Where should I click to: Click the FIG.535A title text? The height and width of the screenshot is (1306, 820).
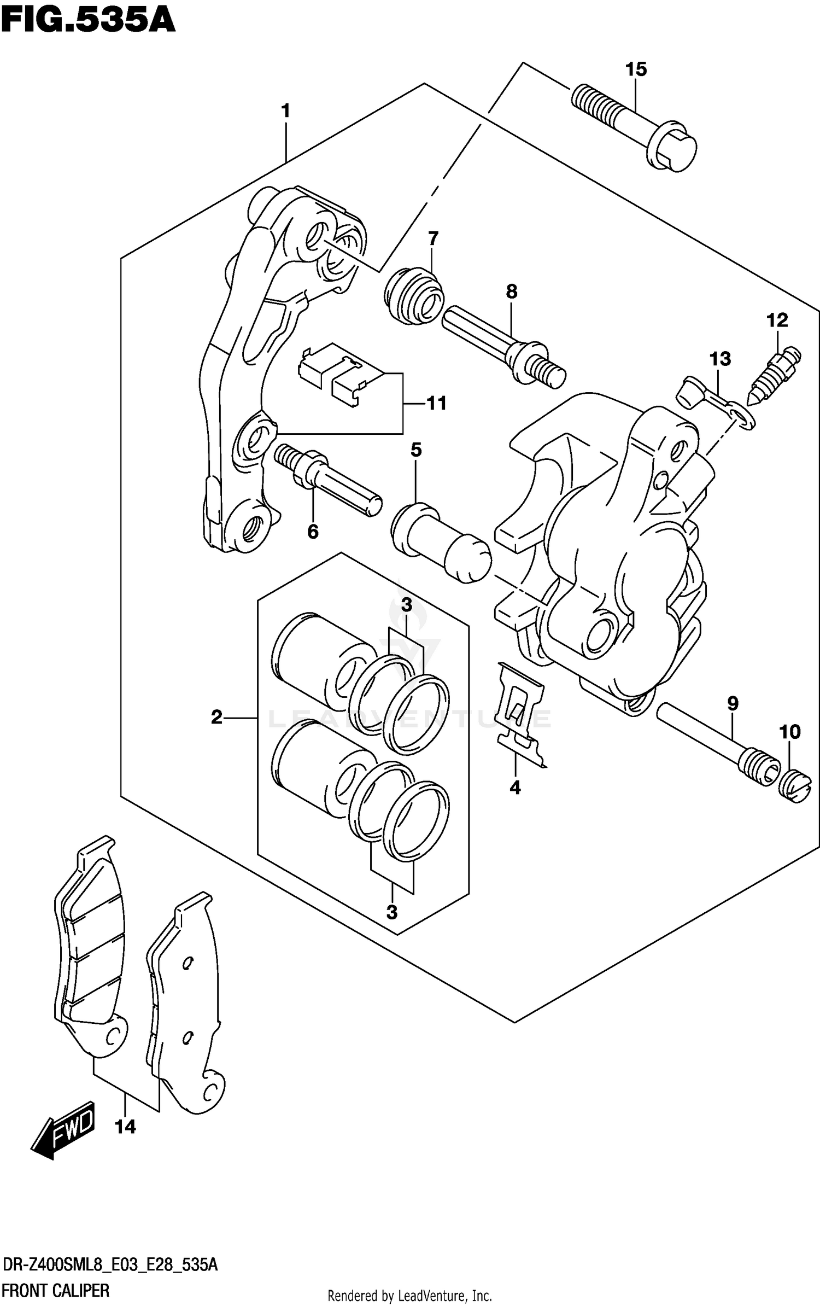[x=87, y=22]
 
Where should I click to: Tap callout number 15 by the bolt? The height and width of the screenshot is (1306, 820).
[x=636, y=69]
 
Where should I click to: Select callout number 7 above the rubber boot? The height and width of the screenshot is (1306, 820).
[x=432, y=238]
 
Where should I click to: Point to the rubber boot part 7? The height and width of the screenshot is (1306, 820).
[x=414, y=296]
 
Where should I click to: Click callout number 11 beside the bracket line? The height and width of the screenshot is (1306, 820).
[x=436, y=404]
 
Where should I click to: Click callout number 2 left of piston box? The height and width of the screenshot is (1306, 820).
[x=216, y=717]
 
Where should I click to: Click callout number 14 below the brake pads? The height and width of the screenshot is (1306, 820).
[x=125, y=1127]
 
